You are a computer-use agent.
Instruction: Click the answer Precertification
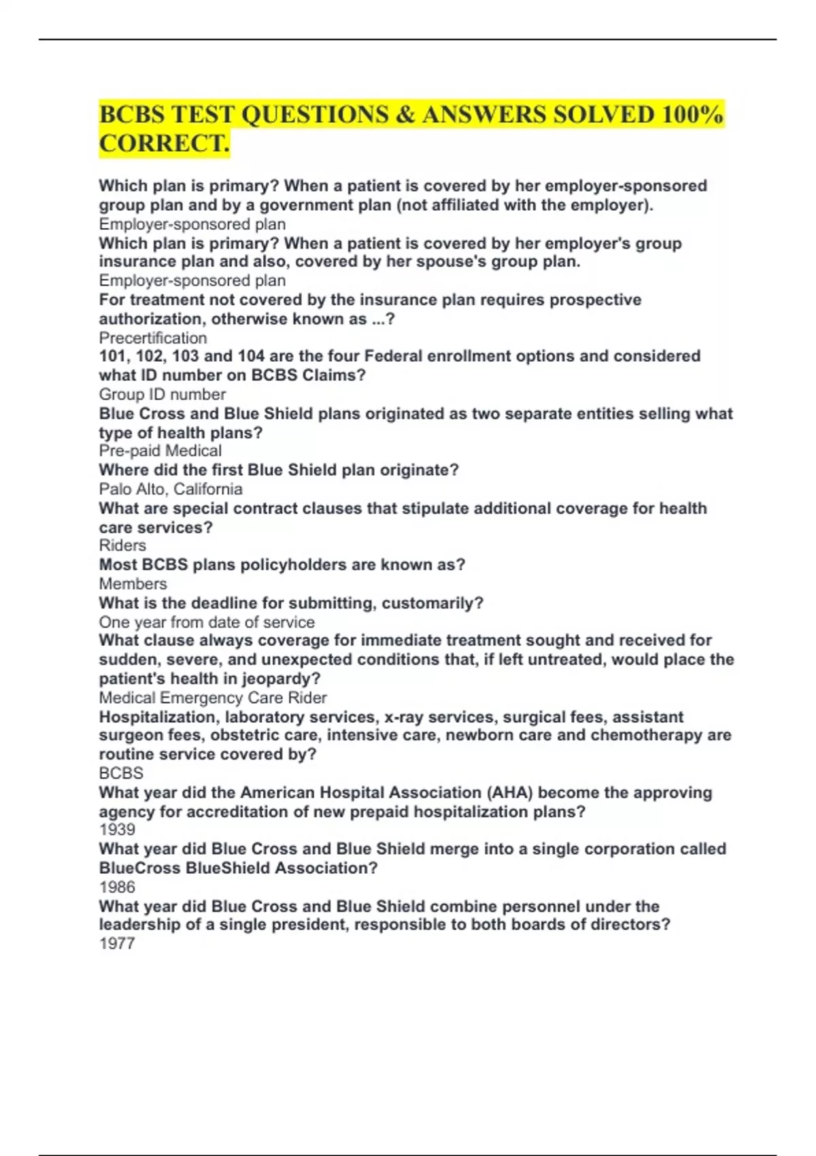click(x=153, y=338)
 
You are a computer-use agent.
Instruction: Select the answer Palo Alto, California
click(x=171, y=489)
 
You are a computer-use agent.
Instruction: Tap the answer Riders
click(x=122, y=545)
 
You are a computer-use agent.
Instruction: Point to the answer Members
click(x=133, y=583)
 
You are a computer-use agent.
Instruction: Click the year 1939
click(x=117, y=830)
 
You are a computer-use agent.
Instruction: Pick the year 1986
click(x=117, y=887)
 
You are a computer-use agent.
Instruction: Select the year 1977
click(x=117, y=943)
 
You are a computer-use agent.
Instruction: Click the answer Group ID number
click(x=163, y=394)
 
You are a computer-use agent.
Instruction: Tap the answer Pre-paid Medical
click(x=160, y=451)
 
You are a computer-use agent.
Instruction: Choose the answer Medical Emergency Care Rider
click(x=213, y=698)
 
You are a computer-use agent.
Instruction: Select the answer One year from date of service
click(x=207, y=622)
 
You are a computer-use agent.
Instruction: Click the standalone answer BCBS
click(x=121, y=773)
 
